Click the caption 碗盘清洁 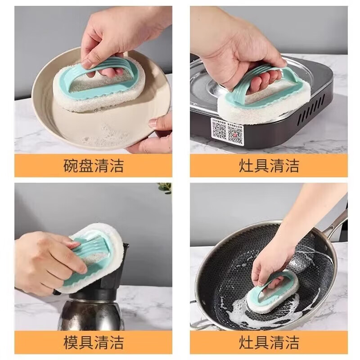(x=93, y=166)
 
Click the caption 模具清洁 (x=93, y=342)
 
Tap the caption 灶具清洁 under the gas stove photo (x=269, y=166)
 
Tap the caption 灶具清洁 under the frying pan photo (x=269, y=342)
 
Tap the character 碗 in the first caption (x=71, y=166)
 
